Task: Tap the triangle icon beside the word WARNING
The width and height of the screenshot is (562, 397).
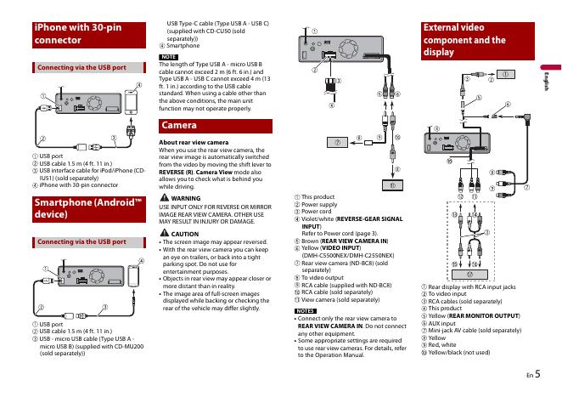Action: click(x=164, y=197)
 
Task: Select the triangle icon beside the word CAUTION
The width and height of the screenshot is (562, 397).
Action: click(x=164, y=233)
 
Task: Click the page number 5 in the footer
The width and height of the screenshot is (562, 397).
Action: click(x=537, y=372)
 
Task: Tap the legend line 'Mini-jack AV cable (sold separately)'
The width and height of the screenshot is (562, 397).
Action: click(x=475, y=329)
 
